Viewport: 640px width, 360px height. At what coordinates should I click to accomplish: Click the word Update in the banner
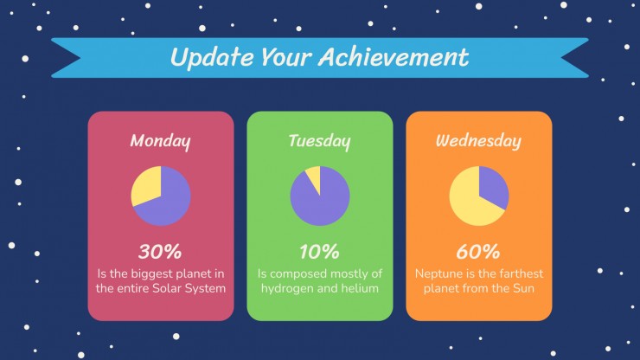pyautogui.click(x=212, y=57)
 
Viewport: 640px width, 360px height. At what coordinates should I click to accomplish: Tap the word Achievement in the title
pyautogui.click(x=394, y=56)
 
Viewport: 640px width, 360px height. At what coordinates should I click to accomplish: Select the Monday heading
pyautogui.click(x=160, y=141)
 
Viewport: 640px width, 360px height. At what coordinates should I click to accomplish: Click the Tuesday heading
pyautogui.click(x=320, y=141)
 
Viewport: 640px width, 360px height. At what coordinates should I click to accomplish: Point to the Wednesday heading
pyautogui.click(x=478, y=141)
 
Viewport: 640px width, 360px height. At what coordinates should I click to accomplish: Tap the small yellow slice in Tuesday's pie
pyautogui.click(x=314, y=177)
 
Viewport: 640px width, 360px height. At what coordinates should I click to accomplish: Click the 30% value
pyautogui.click(x=160, y=252)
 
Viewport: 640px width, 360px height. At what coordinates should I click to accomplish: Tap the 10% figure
pyautogui.click(x=319, y=252)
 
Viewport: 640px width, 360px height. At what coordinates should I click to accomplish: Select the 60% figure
pyautogui.click(x=478, y=252)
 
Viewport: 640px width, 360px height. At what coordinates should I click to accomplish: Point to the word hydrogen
pyautogui.click(x=287, y=288)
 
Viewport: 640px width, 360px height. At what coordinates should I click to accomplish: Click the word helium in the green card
pyautogui.click(x=360, y=288)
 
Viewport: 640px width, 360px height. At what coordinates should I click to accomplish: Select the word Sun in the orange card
pyautogui.click(x=523, y=288)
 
